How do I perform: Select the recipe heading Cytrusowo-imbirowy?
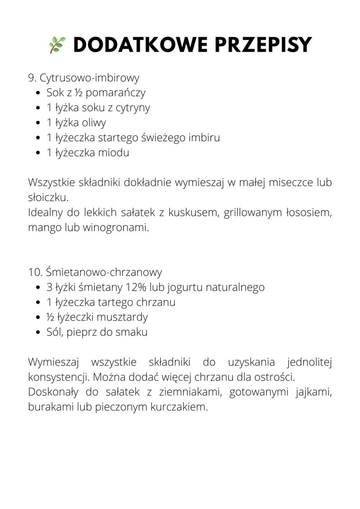(90, 78)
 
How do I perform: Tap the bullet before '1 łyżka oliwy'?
(38, 123)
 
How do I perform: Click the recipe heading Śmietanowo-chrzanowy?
(103, 272)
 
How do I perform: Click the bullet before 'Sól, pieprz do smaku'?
(38, 332)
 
